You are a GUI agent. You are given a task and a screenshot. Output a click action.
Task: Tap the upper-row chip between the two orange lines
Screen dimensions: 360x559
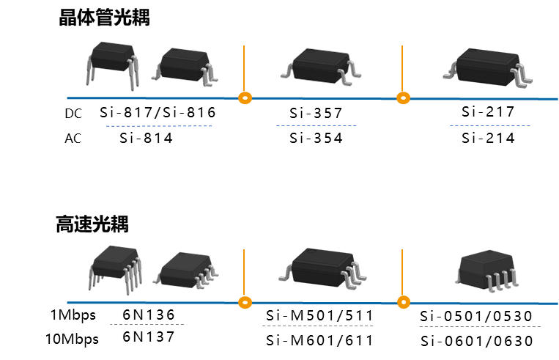point(321,66)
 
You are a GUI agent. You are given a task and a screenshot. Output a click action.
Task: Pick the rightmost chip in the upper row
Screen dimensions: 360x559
point(487,67)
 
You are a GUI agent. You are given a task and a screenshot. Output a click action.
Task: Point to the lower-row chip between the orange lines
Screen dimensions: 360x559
point(322,266)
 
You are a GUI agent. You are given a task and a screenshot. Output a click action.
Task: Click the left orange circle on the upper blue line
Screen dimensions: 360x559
point(245,98)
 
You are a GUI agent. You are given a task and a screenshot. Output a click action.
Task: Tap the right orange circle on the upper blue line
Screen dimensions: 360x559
point(403,98)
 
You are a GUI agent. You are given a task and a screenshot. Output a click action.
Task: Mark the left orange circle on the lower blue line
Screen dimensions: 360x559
point(245,302)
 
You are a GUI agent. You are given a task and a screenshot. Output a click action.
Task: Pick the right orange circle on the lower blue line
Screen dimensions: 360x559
point(403,302)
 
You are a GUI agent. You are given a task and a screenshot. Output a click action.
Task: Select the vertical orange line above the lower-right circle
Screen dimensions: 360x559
point(402,271)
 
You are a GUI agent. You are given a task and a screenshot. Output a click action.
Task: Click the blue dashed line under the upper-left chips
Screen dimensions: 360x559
point(159,126)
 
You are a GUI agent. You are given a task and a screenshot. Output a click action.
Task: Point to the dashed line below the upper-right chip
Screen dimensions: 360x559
point(489,125)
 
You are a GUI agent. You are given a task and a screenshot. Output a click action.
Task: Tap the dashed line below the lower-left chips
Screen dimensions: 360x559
point(147,324)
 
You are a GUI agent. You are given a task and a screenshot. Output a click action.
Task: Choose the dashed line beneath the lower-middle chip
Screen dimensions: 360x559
point(317,326)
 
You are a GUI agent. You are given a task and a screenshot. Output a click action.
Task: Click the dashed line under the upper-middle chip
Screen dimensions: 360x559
point(316,125)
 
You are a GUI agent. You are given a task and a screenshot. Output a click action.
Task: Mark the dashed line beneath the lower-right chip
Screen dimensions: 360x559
point(479,326)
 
